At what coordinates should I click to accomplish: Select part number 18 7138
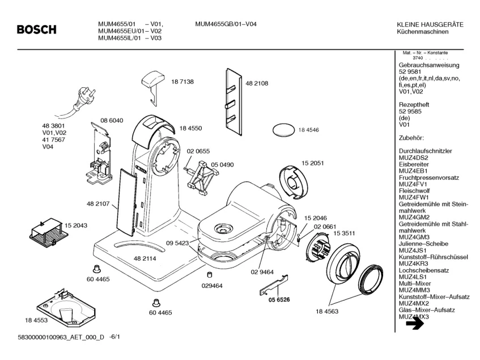point(182,82)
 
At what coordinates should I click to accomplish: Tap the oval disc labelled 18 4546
point(283,130)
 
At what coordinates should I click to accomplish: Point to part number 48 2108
point(257,83)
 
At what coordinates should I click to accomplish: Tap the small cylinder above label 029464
point(210,274)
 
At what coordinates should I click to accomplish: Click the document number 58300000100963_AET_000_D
point(54,337)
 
